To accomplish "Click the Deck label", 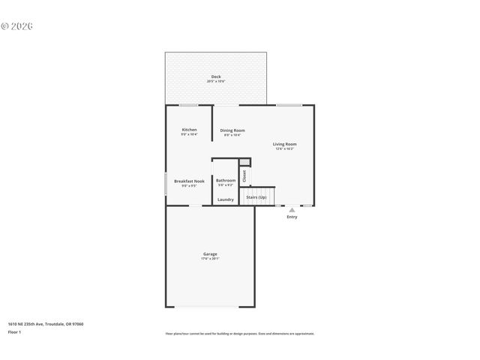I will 216,76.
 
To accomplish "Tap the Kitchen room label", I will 189,130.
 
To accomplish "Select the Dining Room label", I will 232,130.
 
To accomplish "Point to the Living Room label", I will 284,144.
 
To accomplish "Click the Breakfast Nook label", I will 189,181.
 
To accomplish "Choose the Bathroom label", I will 226,180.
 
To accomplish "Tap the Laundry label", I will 226,199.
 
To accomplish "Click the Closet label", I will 244,176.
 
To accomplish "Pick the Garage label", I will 210,253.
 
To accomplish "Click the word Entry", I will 292,217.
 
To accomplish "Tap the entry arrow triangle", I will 292,210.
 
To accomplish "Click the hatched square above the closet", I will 244,161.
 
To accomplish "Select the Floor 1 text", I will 15,331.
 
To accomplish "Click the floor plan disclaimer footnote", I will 240,334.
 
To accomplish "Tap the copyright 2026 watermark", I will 17,26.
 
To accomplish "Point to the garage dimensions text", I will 210,258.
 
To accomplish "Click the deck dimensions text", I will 216,81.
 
